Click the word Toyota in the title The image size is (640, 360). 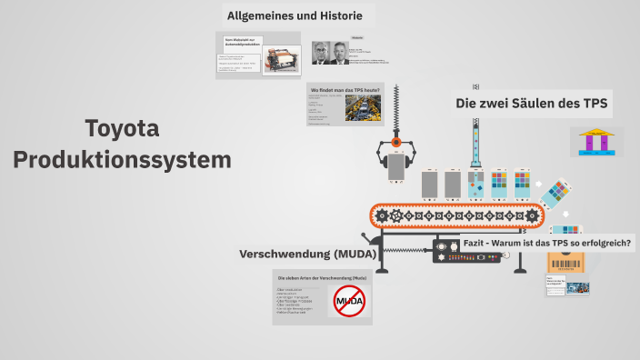pos(122,129)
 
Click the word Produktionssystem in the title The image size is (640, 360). pos(122,161)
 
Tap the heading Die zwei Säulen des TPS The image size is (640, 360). pos(532,104)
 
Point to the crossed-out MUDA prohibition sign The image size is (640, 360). pos(348,300)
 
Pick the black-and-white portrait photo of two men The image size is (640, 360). pos(330,53)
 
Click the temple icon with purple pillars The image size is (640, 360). pos(600,142)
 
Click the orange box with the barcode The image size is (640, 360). pos(565,265)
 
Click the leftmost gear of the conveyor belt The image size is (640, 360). pos(382,216)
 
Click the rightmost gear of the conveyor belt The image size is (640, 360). pos(533,216)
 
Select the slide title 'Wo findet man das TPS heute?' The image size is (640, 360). pos(345,90)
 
